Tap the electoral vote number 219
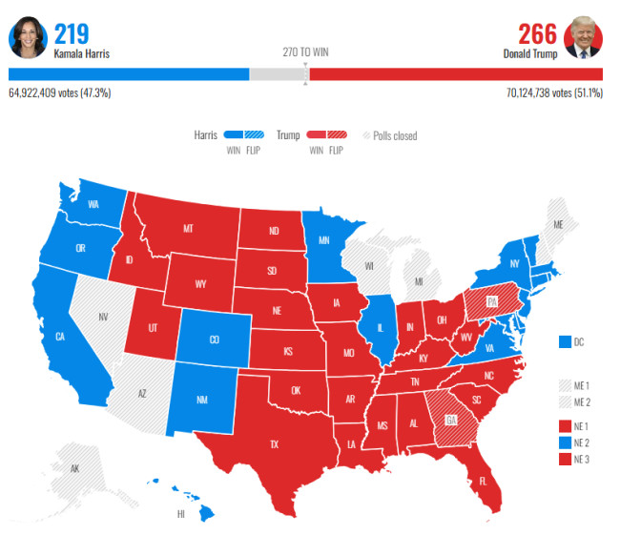72,33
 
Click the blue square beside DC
564,340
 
